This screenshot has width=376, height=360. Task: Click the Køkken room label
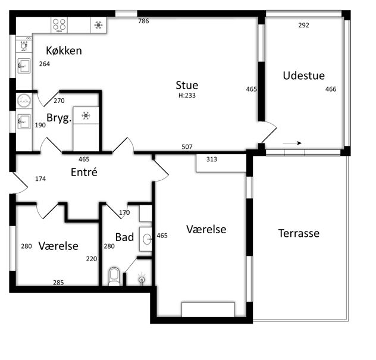click(x=64, y=51)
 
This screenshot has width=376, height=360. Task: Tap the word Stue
click(x=187, y=85)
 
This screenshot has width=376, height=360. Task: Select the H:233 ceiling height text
click(x=187, y=95)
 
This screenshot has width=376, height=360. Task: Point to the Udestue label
click(x=304, y=76)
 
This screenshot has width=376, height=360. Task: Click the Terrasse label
click(x=299, y=233)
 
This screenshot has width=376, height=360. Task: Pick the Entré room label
click(x=84, y=172)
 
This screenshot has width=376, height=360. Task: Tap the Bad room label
click(x=124, y=237)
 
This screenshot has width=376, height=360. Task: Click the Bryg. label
click(x=59, y=118)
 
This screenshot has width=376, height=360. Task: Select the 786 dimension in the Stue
click(x=143, y=21)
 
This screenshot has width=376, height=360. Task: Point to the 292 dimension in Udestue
click(x=304, y=25)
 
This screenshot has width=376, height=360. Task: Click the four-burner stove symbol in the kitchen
click(x=59, y=25)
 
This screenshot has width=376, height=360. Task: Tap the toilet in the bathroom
click(x=114, y=277)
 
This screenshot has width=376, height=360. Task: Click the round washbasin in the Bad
click(x=146, y=239)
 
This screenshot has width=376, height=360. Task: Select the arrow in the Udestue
click(x=292, y=143)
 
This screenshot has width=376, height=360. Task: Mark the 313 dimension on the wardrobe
click(x=212, y=159)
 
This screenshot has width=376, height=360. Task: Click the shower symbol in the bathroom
click(x=142, y=279)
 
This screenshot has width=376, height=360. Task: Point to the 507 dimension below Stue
click(x=187, y=147)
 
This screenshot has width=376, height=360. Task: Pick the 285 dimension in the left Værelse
click(x=58, y=283)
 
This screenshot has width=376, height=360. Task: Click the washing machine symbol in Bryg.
click(x=24, y=101)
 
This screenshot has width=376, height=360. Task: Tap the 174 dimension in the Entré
click(x=40, y=179)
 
